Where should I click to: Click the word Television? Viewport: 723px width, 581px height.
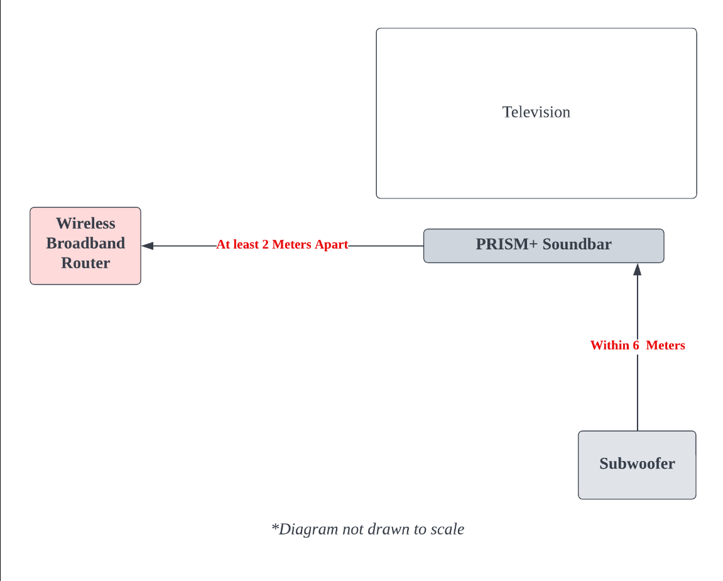[536, 112]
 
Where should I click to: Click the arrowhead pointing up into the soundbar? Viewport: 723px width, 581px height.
[637, 269]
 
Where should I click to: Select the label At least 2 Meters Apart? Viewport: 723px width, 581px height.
[282, 245]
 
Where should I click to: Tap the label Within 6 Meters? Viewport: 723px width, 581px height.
[637, 345]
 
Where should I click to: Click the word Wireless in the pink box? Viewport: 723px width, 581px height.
[85, 224]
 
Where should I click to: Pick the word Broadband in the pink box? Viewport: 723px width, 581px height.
[85, 243]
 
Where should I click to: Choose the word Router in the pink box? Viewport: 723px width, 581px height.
[85, 263]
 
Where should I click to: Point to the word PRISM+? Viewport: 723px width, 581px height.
[506, 244]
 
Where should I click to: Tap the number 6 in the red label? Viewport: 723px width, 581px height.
[636, 345]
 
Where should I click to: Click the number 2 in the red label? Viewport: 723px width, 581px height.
[265, 245]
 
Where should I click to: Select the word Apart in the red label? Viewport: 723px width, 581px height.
[332, 245]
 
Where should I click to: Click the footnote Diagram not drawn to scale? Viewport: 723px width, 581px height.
[367, 529]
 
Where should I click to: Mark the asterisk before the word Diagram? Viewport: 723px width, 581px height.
[275, 527]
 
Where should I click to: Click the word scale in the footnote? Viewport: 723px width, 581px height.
[447, 529]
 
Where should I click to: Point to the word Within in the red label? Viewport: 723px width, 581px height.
[609, 345]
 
